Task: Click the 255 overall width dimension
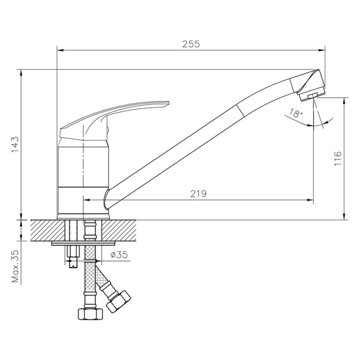tap(191, 44)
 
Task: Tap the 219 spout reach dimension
tap(199, 193)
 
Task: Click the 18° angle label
tap(295, 113)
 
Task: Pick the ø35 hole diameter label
tap(120, 254)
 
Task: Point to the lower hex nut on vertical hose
tap(88, 314)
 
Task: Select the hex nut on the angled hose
tap(118, 300)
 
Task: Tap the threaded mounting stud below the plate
tap(74, 254)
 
